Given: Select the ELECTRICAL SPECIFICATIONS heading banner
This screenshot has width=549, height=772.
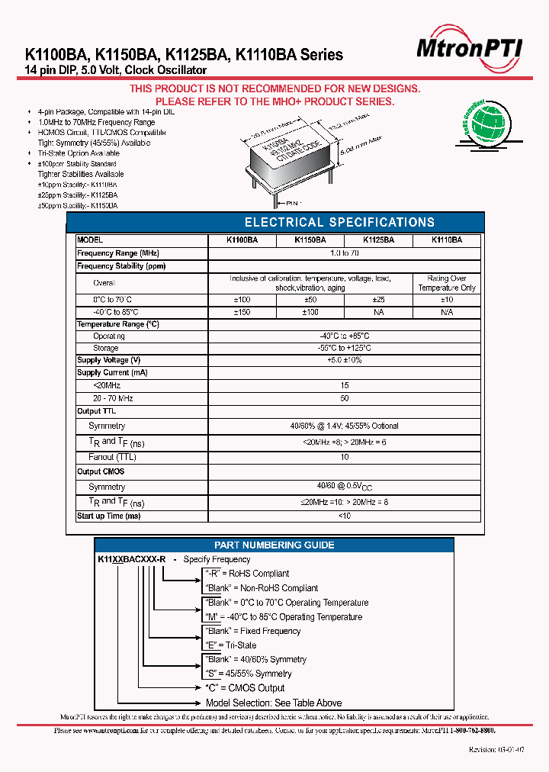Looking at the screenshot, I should [x=339, y=223].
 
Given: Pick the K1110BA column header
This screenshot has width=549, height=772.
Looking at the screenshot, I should [x=446, y=240].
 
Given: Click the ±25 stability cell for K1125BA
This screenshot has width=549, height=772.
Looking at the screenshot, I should [x=378, y=300].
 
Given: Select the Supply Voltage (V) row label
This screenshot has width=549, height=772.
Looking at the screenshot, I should [x=109, y=360].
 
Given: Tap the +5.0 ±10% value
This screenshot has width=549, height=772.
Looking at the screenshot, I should [x=344, y=360].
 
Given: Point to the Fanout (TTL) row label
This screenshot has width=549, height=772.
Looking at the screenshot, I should [x=112, y=457].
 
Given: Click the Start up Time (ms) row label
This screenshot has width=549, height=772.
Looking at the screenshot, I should [x=109, y=516].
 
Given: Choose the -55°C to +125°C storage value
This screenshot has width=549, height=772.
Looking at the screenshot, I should [x=344, y=348].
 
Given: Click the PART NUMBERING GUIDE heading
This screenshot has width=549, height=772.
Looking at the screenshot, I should [x=274, y=545].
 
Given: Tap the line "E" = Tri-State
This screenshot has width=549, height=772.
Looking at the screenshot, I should [x=231, y=645].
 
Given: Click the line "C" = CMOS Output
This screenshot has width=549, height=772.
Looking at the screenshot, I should [x=245, y=688].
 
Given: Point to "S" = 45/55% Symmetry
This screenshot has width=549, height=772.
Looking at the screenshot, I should [x=249, y=674].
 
